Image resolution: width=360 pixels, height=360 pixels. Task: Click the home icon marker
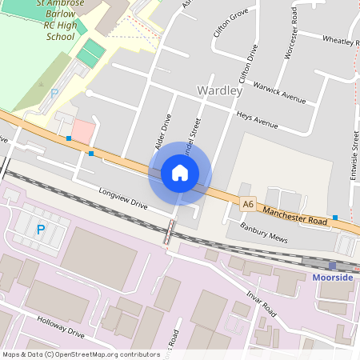pyautogui.click(x=180, y=173)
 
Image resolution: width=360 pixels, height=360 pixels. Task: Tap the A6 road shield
pyautogui.click(x=249, y=206)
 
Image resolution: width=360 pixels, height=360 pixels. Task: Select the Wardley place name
pyautogui.click(x=218, y=90)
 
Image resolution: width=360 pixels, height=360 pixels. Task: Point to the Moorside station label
pyautogui.click(x=332, y=277)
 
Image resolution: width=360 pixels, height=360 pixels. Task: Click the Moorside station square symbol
pyautogui.click(x=332, y=265)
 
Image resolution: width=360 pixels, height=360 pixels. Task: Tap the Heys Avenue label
pyautogui.click(x=257, y=121)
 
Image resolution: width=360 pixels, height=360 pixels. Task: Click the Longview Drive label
pyautogui.click(x=124, y=199)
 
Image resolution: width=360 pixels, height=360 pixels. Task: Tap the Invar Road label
pyautogui.click(x=261, y=302)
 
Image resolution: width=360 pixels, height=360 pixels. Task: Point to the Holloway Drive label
pyautogui.click(x=60, y=326)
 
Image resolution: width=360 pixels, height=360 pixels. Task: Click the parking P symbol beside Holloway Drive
pyautogui.click(x=41, y=230)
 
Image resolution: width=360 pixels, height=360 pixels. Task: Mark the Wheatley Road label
pyautogui.click(x=341, y=40)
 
